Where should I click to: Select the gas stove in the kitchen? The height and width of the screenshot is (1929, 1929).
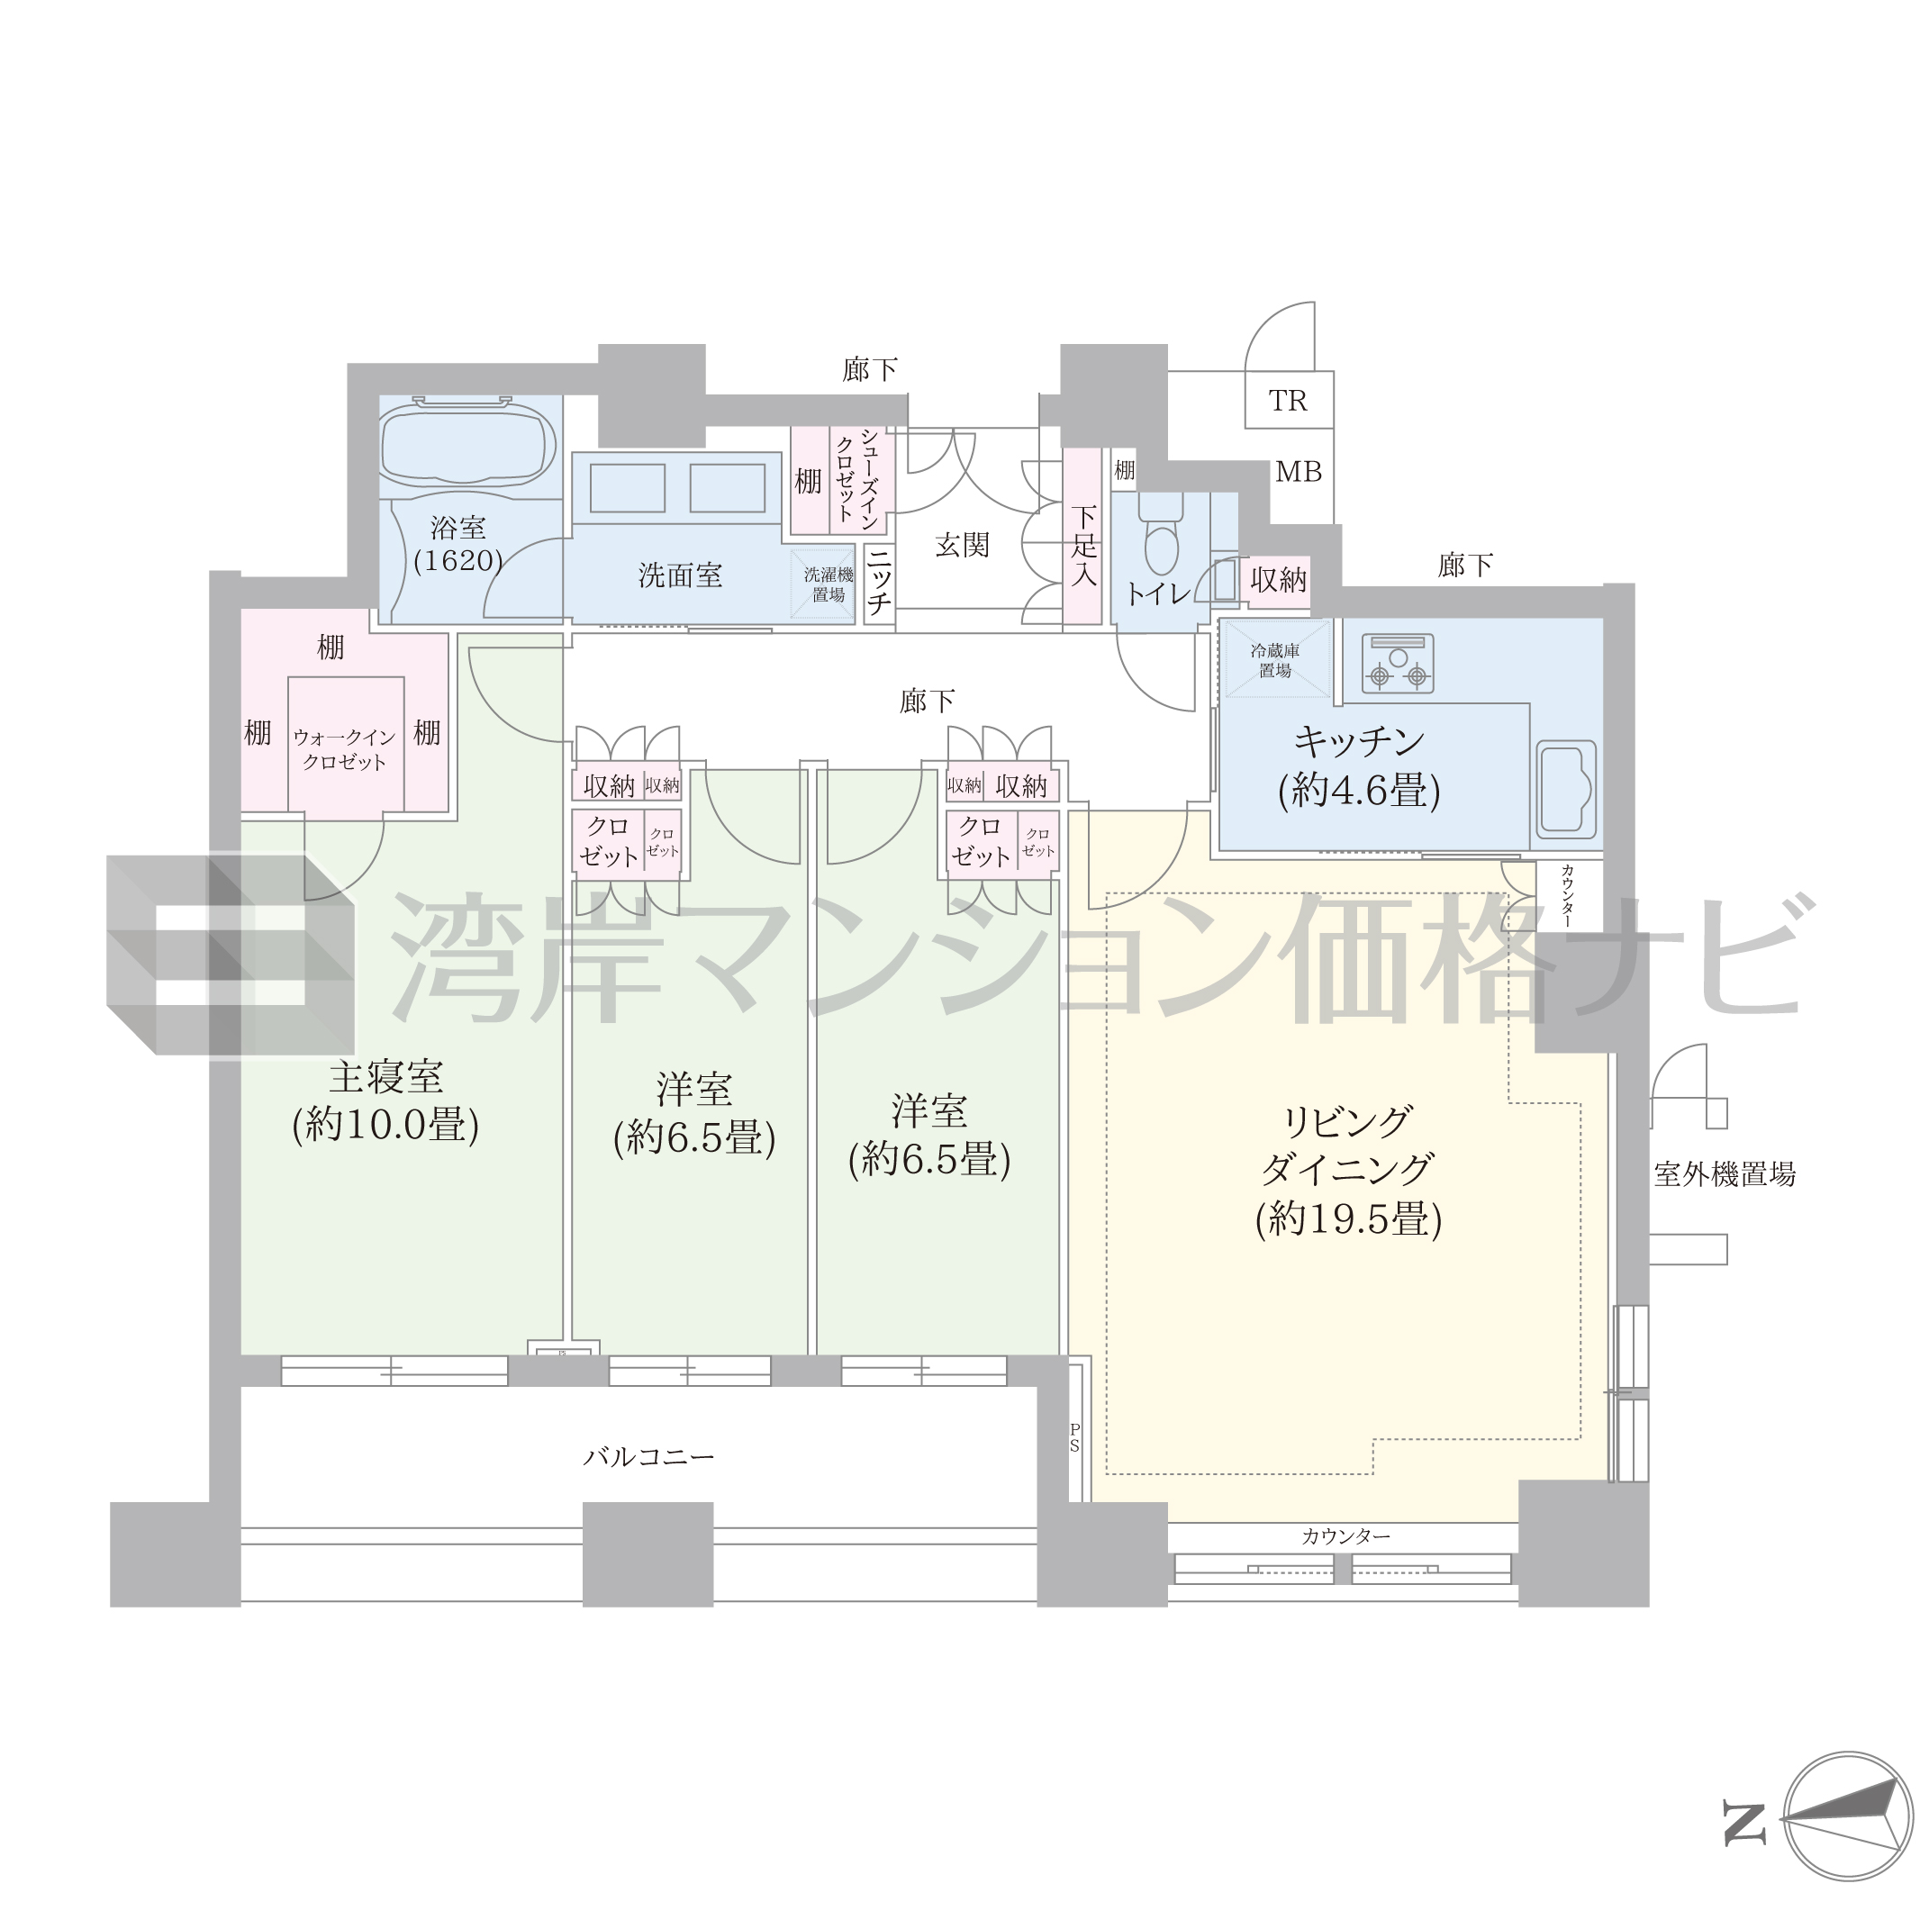(x=1398, y=664)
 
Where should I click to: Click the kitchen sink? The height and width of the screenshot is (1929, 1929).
(x=1565, y=789)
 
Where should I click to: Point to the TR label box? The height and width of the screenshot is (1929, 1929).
(x=1288, y=401)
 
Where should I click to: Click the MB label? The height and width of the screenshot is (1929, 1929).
(x=1298, y=471)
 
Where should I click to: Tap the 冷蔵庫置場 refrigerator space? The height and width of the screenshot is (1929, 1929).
(x=1276, y=660)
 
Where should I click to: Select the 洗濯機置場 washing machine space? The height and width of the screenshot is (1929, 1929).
(x=824, y=585)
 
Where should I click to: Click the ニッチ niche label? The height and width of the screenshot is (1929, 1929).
(x=879, y=584)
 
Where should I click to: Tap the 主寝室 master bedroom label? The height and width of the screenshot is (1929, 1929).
(x=385, y=1076)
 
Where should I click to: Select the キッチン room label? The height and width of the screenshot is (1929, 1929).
(x=1359, y=741)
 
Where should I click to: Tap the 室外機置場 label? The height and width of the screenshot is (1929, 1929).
(x=1725, y=1174)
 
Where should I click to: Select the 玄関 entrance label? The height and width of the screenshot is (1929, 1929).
(x=963, y=545)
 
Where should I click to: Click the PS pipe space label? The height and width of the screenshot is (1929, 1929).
(x=1074, y=1438)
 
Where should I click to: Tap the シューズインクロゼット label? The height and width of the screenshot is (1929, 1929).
(x=856, y=478)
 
